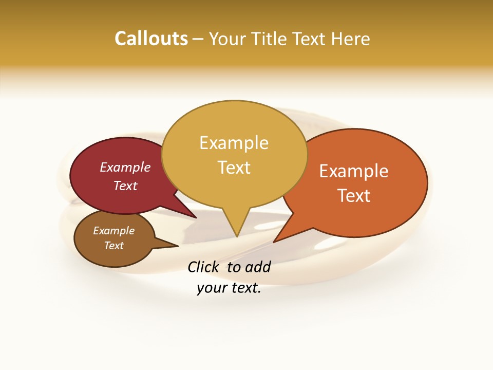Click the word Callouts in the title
[x=151, y=39]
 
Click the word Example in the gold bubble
[x=234, y=143]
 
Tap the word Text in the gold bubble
[x=234, y=168]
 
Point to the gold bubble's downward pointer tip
[x=237, y=237]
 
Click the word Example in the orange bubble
[x=354, y=171]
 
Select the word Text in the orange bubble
[x=354, y=196]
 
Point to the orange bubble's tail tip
[x=273, y=242]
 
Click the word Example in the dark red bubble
[x=125, y=167]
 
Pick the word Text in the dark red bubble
[x=125, y=186]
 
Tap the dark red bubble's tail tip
[x=197, y=218]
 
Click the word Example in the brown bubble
[x=114, y=231]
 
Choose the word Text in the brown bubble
[x=114, y=246]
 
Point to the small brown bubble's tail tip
[x=178, y=246]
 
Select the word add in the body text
[x=257, y=267]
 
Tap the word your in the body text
[x=211, y=288]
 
